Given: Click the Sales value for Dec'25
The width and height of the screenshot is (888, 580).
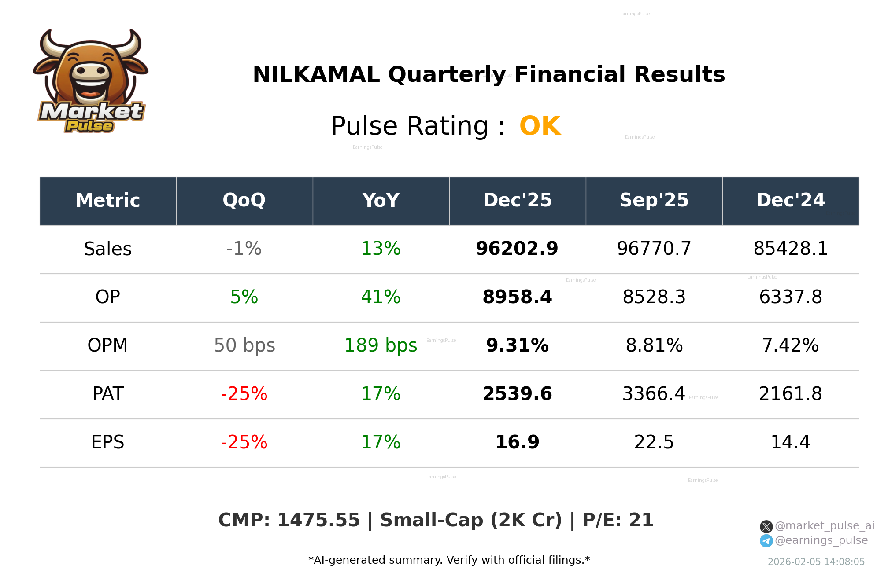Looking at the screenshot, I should pos(517,249).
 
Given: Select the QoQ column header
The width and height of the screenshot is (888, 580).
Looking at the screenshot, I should pos(244,201).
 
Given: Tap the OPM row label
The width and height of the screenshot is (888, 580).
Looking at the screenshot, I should pos(107,345).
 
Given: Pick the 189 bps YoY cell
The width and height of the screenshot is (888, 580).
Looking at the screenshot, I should pos(381,345).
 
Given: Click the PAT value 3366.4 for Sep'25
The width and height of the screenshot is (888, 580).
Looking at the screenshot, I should pos(654,394).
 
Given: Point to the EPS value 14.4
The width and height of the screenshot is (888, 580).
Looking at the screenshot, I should pos(790,442).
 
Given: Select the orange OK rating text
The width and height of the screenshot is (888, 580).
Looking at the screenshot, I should pos(540,126).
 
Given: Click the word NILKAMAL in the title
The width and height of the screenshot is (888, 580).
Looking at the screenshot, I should pos(316,75).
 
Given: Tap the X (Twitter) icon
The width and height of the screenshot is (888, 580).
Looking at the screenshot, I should pos(766,526).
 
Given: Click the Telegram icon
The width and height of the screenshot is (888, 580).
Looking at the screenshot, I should pos(766,541).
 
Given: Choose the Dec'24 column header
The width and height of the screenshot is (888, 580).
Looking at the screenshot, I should pos(790,201).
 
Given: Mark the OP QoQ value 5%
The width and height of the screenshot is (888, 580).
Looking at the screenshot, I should pos(244,297).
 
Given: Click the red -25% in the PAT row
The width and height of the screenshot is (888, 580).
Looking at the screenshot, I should pos(244,394).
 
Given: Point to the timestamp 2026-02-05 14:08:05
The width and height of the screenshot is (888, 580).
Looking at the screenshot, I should pos(816,562).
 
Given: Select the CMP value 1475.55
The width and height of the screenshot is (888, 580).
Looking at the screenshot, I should pos(318,520).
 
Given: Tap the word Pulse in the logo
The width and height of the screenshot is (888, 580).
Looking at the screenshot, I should pos(89,126).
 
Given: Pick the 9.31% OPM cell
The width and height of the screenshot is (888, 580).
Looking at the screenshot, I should pos(517,345).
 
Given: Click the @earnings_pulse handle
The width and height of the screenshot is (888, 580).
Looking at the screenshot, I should pos(821,540).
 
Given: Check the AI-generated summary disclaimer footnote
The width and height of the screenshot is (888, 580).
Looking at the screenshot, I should pos(449,560).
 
